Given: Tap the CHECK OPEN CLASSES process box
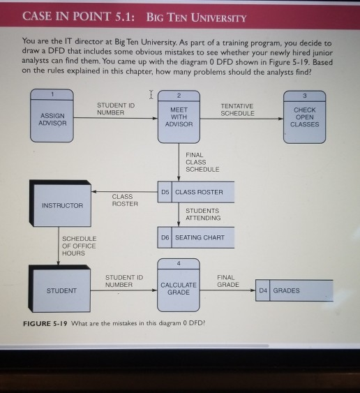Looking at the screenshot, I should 304,116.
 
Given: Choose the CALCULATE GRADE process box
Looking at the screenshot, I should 179,287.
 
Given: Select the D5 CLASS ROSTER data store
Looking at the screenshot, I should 195,191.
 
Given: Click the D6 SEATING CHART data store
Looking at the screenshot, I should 195,237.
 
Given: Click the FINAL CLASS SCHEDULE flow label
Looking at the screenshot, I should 202,162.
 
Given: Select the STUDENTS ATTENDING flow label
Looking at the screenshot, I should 202,214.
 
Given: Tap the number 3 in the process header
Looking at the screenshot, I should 305,94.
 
